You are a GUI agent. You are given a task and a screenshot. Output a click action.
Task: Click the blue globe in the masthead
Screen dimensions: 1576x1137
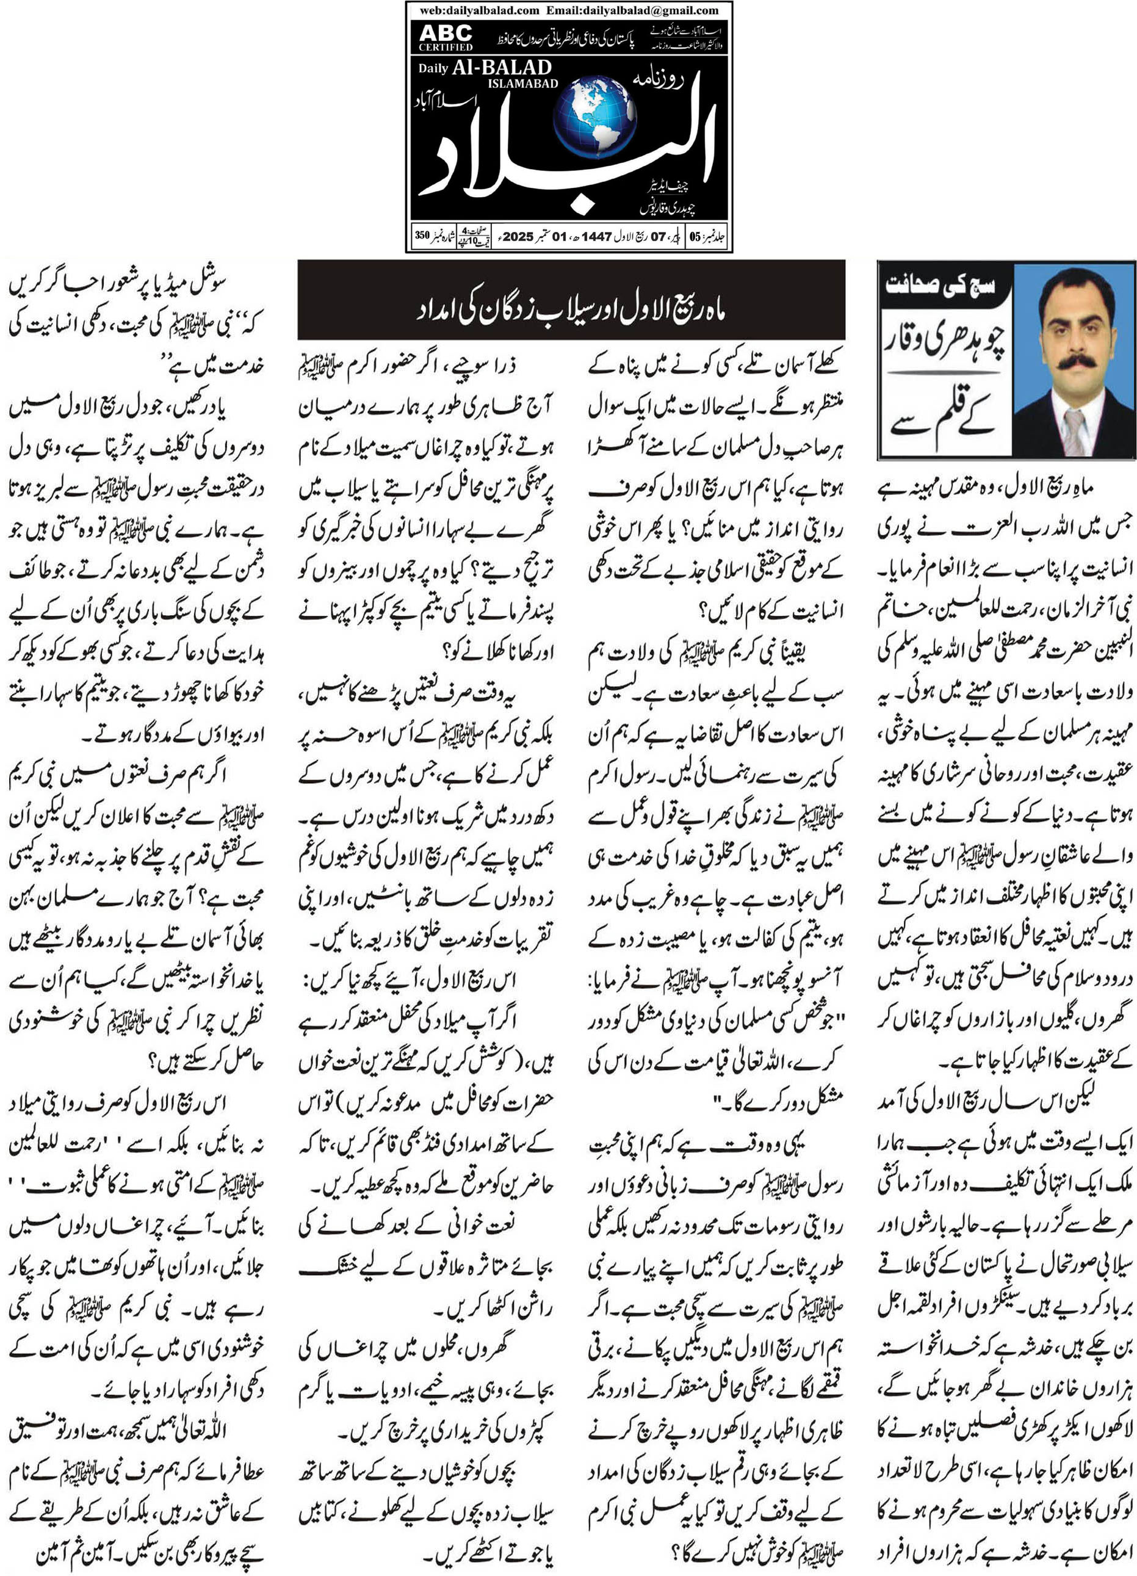coord(595,117)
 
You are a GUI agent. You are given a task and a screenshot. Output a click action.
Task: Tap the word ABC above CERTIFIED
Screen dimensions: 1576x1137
coord(446,33)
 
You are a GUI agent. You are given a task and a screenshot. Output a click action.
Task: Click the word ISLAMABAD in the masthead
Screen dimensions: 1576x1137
coord(522,84)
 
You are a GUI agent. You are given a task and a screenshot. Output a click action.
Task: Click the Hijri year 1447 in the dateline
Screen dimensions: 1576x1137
coord(596,236)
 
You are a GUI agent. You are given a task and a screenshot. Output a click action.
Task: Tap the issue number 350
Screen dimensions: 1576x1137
coord(422,235)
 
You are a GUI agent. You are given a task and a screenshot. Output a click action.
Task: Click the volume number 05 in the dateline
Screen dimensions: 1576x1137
coord(695,237)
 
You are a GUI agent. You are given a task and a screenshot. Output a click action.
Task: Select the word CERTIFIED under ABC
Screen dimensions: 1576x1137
coord(446,47)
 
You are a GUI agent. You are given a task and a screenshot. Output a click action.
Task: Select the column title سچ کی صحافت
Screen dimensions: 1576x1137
coord(941,285)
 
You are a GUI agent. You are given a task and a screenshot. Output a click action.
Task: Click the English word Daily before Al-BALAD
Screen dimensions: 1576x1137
coord(433,69)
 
